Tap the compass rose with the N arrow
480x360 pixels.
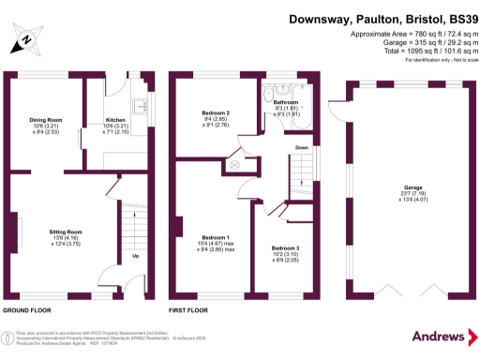25,40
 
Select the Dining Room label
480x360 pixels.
45,121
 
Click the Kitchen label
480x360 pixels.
115,121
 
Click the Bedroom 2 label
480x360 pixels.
217,113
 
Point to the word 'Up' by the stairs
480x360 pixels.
136,254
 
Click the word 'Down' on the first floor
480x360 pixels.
302,148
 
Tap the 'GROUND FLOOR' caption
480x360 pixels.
25,308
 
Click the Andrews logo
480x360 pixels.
440,336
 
